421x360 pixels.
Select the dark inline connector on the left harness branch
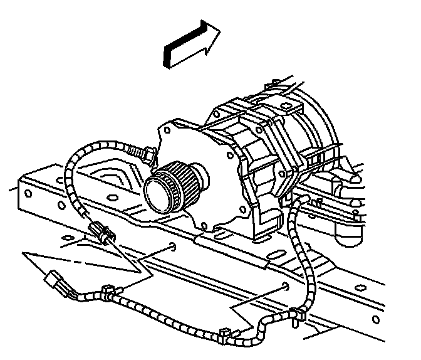pyautogui.click(x=100, y=232)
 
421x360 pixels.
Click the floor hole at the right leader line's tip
pyautogui.click(x=286, y=288)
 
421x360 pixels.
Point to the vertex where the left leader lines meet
pyautogui.click(x=140, y=272)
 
